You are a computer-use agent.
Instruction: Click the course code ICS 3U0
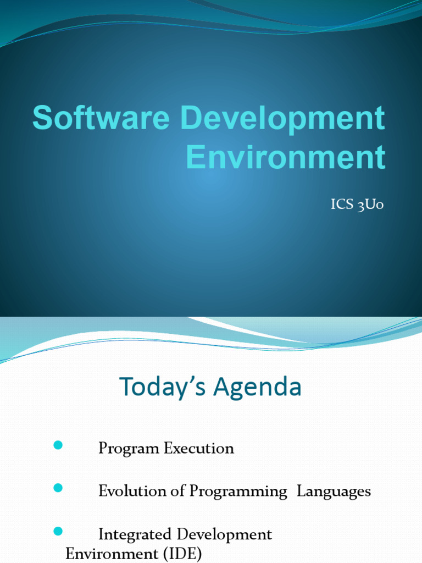click(x=357, y=205)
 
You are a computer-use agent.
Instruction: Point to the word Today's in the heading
click(x=163, y=388)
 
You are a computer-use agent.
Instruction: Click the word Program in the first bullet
click(x=129, y=449)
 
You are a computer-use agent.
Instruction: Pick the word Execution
click(x=198, y=448)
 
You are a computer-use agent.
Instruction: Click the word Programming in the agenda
click(x=238, y=492)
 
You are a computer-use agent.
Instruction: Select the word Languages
click(x=334, y=492)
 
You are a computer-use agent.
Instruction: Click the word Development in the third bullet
click(x=232, y=534)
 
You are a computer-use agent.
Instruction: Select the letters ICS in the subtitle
click(x=341, y=205)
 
